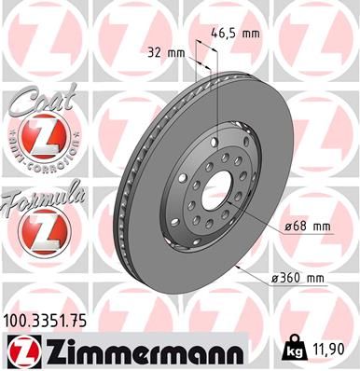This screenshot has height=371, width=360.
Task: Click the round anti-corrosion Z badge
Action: tap(40, 140)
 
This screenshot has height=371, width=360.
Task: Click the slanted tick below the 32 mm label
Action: tap(196, 67)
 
